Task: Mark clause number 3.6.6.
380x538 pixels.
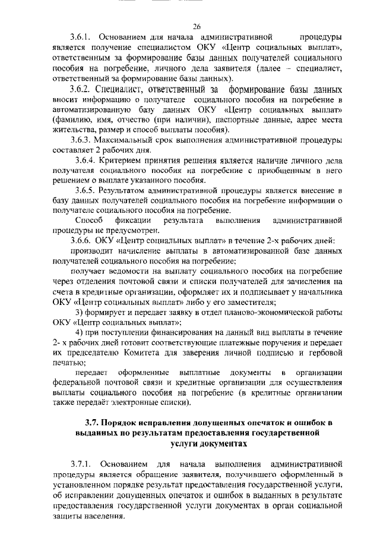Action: click(82, 240)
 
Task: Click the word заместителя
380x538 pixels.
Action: click(189, 301)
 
